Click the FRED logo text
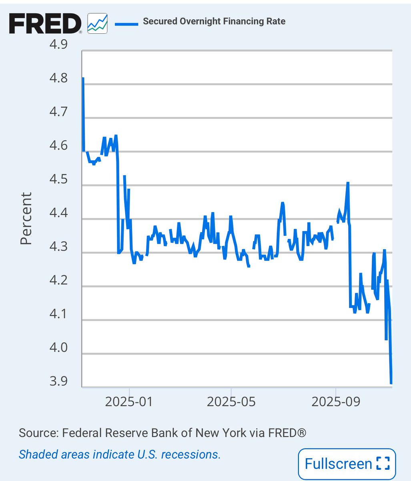point(45,24)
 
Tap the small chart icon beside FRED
point(97,22)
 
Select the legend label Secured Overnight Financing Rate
point(214,21)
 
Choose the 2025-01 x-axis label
point(129,402)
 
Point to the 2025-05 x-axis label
point(231,402)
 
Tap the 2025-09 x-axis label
point(335,402)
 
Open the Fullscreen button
point(347,464)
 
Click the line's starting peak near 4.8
point(83,79)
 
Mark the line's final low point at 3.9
point(391,383)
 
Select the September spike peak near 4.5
point(348,183)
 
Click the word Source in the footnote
point(37,433)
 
